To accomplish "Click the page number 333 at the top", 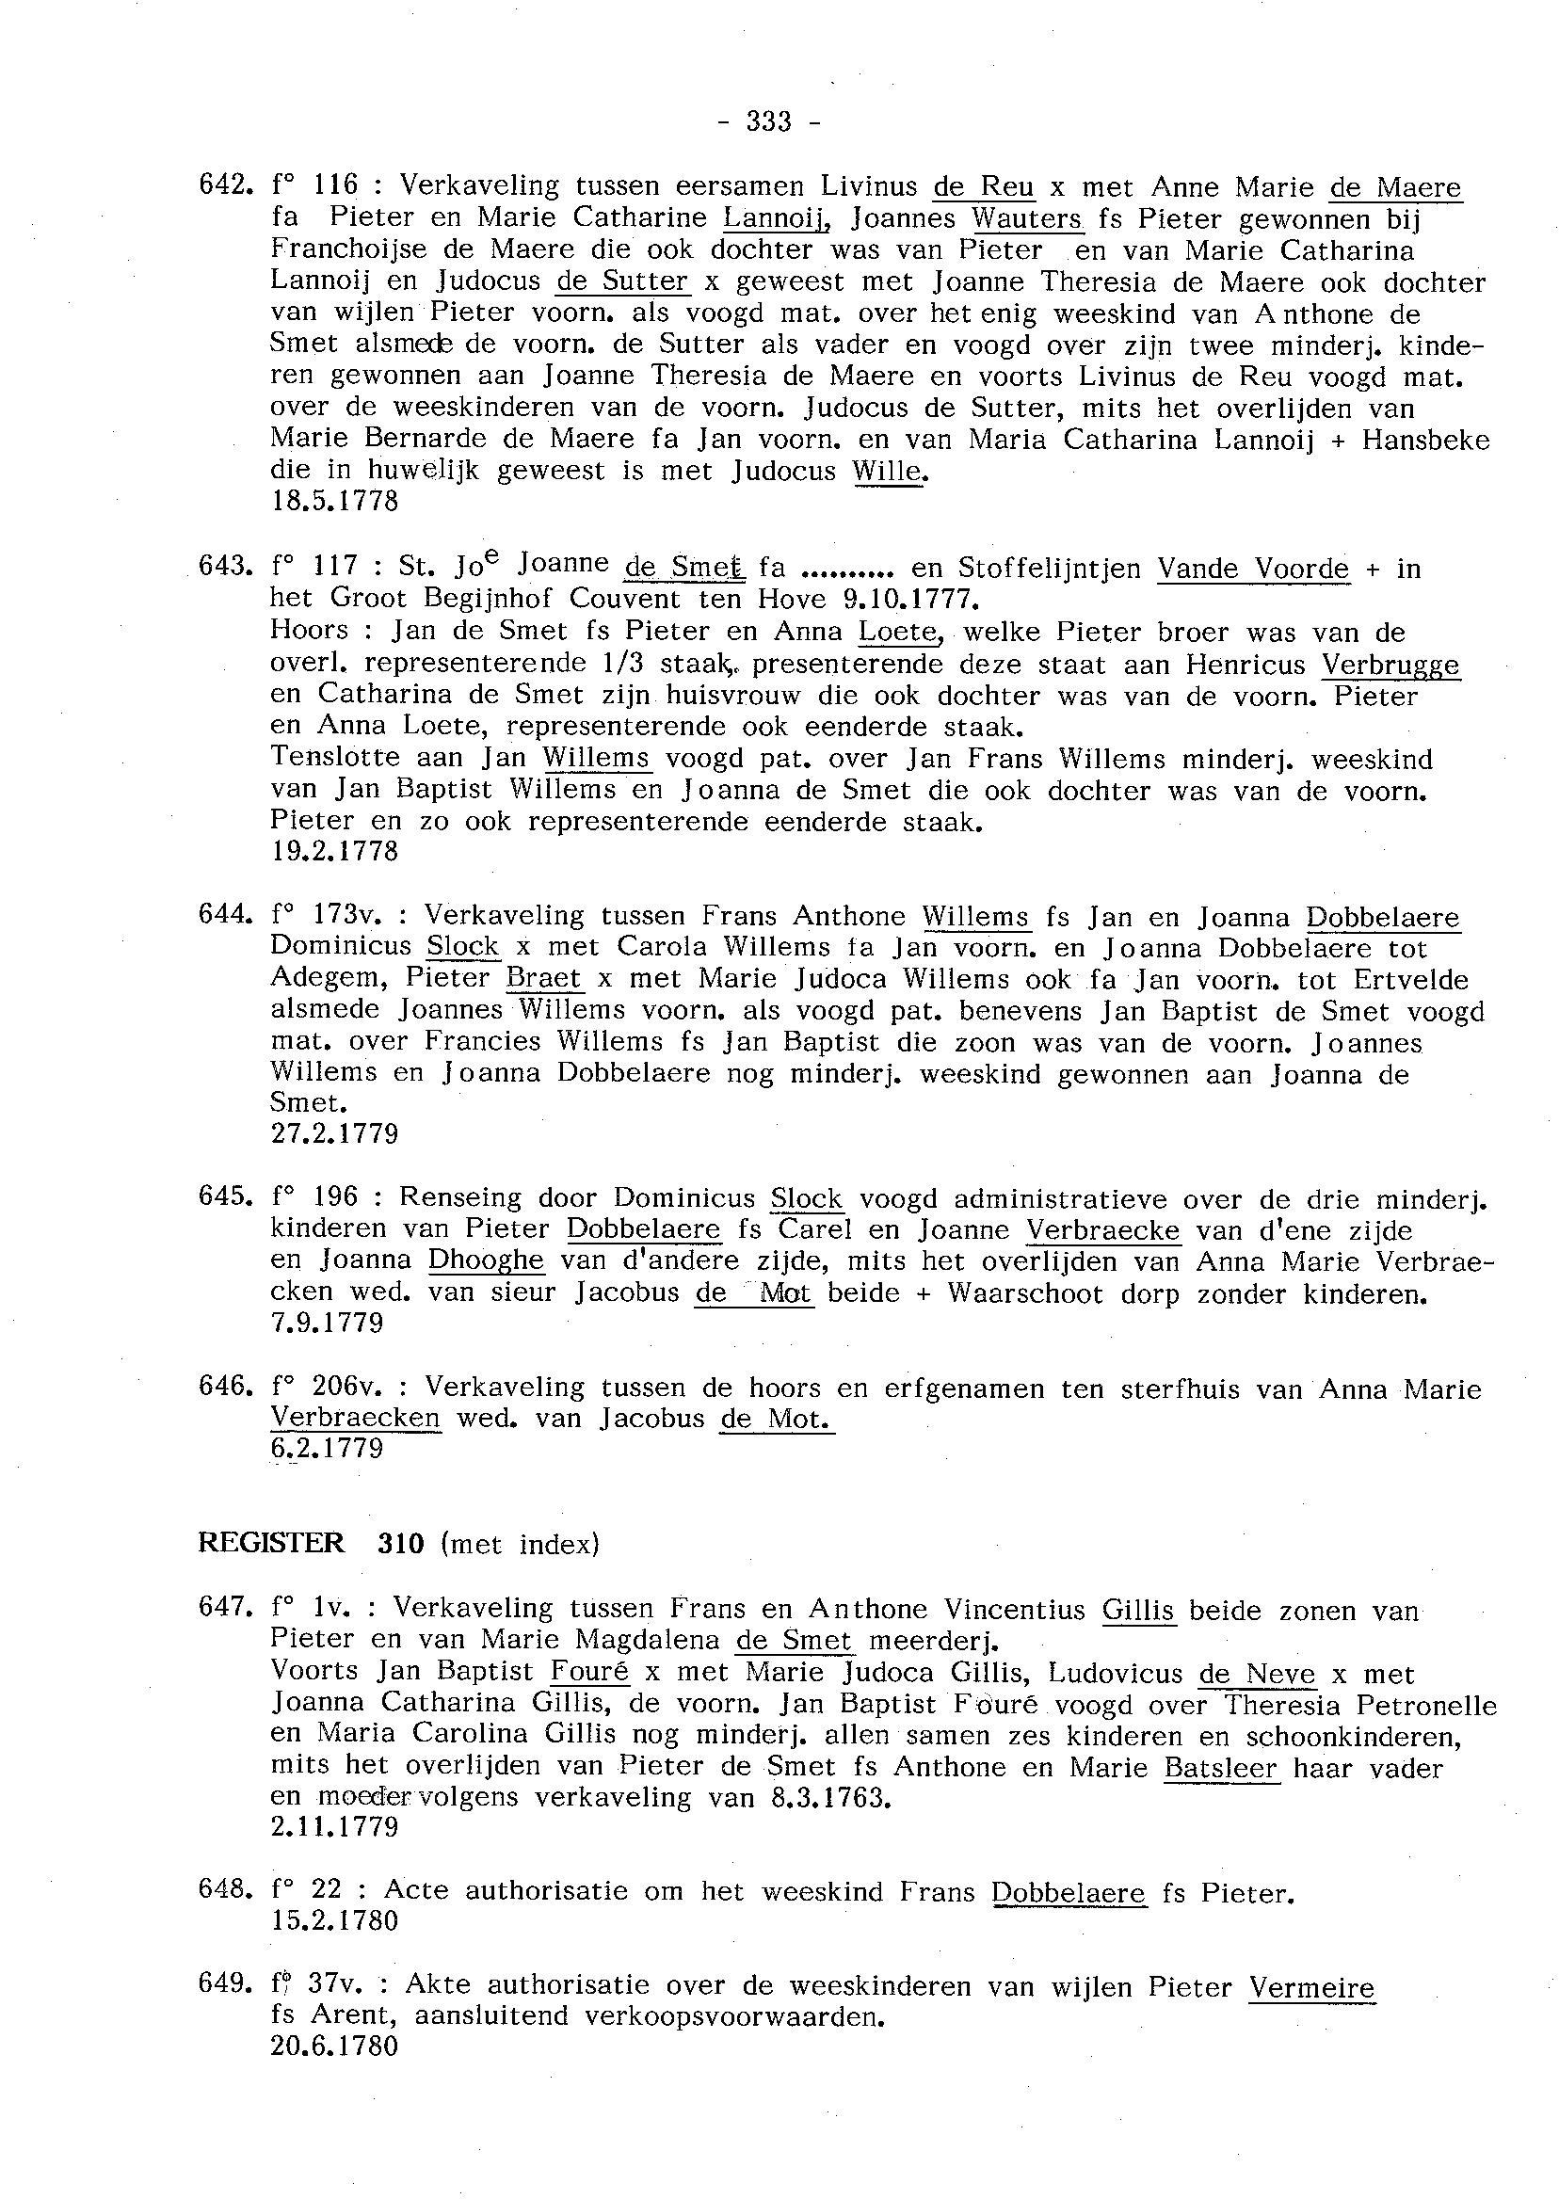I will coord(768,121).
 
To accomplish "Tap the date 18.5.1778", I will coord(334,501).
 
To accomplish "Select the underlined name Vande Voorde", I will coord(1252,569).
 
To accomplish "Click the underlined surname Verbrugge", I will coord(1390,665).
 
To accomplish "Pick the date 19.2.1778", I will coord(334,851).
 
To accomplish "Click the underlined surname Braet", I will coord(542,978).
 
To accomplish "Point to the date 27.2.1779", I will coord(334,1134).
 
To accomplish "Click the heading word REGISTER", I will coord(271,1543).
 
